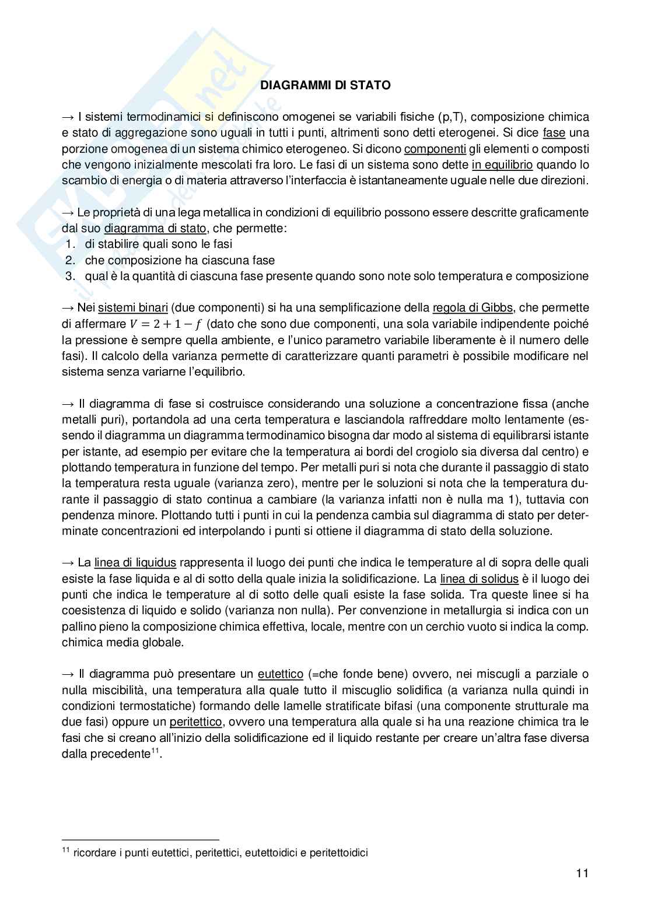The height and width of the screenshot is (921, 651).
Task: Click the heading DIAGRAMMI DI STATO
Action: tap(325, 85)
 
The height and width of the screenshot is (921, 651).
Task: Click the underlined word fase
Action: tap(554, 133)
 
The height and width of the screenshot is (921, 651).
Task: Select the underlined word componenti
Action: tap(435, 149)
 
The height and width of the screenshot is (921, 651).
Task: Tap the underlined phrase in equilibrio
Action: tap(502, 165)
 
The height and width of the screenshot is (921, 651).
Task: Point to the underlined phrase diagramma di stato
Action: tap(155, 229)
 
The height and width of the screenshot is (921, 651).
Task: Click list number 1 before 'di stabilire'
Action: tap(69, 244)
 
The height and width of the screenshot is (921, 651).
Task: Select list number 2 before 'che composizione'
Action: tap(69, 260)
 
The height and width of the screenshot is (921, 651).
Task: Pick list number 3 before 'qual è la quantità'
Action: tap(69, 276)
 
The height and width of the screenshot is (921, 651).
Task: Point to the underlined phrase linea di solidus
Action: tap(479, 579)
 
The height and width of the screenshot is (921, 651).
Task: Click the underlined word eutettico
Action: tap(280, 674)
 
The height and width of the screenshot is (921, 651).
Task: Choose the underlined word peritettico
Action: tap(195, 722)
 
